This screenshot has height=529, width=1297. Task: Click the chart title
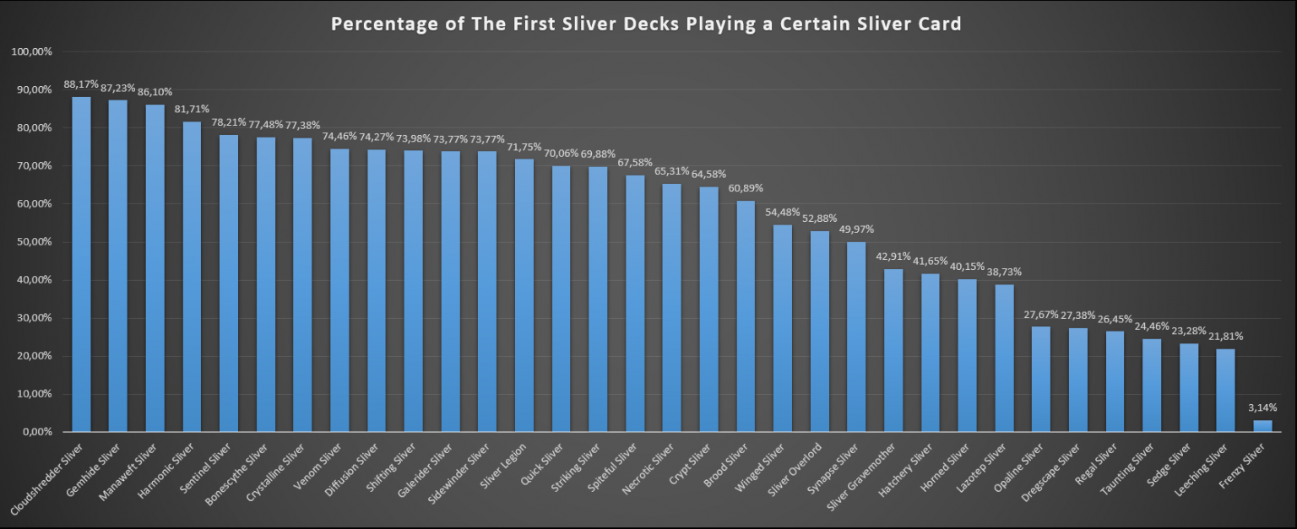tap(646, 24)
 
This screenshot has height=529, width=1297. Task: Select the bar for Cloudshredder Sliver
tap(81, 264)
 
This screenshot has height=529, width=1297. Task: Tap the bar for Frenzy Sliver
tap(1262, 426)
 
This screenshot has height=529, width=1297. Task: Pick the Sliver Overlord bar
tap(820, 332)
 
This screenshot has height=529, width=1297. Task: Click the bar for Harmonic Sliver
tap(193, 277)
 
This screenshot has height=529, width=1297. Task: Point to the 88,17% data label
tap(81, 84)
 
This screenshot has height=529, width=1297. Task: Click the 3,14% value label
tap(1262, 408)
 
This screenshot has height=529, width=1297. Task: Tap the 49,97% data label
tap(856, 229)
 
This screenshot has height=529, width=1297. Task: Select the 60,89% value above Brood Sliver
tap(746, 188)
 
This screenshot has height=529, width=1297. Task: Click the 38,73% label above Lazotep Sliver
tap(1004, 272)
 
